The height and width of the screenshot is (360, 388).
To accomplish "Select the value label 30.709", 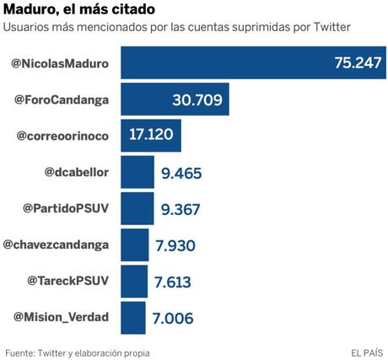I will [x=197, y=100].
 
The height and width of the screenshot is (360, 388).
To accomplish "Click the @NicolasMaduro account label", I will [x=62, y=63].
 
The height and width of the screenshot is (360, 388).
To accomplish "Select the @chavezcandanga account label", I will [x=58, y=244].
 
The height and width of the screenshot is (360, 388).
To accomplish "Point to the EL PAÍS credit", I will [x=368, y=351].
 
